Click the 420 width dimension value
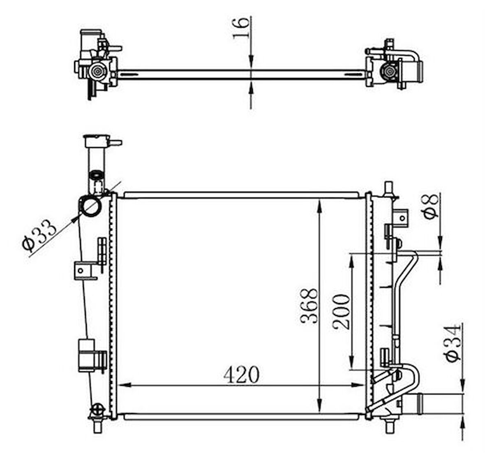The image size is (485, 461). tap(241, 375)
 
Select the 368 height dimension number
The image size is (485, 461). tap(309, 306)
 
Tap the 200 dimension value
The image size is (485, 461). tap(342, 312)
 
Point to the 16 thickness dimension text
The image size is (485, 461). tap(240, 28)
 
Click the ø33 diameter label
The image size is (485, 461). tap(39, 234)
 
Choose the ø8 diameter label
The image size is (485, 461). tap(430, 206)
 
